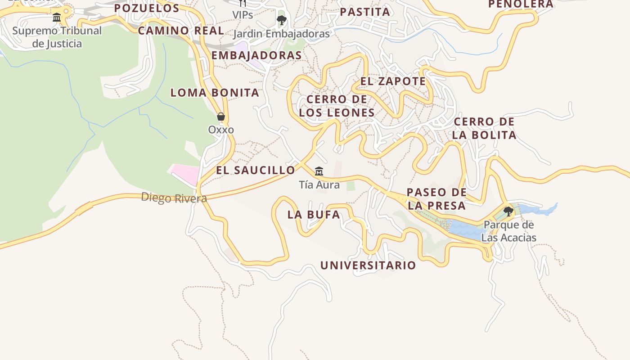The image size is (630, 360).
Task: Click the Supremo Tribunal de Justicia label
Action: tap(57, 37)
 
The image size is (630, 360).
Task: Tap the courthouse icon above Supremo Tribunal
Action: tap(57, 18)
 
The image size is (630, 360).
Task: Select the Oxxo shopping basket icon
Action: tap(221, 117)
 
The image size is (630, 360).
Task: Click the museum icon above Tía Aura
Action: tap(319, 171)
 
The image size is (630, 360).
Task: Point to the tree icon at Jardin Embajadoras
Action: tap(282, 20)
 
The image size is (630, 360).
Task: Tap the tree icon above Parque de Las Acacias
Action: tap(508, 211)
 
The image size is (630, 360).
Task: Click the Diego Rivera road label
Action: tap(174, 198)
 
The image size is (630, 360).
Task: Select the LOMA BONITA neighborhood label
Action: tap(215, 93)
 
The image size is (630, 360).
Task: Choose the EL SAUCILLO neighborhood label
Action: tap(255, 170)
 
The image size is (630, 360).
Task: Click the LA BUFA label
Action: tap(314, 215)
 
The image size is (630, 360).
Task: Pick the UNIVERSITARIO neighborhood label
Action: tap(368, 265)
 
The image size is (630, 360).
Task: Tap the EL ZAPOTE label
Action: tap(393, 81)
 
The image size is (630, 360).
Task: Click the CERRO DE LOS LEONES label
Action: tap(337, 106)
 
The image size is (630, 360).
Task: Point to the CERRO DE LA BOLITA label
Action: tap(484, 128)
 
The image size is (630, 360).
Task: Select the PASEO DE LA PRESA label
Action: tap(436, 199)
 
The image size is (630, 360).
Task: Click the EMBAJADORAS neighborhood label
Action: tap(256, 55)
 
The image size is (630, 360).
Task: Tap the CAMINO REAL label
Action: tap(181, 31)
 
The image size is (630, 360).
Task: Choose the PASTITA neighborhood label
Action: tap(365, 12)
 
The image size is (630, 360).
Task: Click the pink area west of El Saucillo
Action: tap(185, 174)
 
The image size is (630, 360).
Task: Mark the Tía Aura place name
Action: tap(319, 184)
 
